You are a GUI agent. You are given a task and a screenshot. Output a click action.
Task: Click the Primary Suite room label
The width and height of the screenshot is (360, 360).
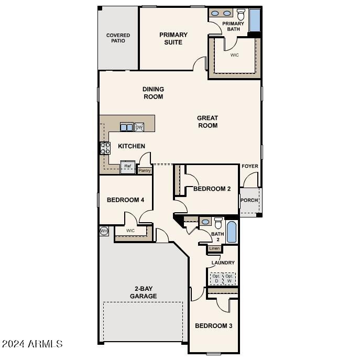coord(173,38)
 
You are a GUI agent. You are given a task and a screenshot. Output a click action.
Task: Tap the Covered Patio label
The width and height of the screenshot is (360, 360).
coord(118,38)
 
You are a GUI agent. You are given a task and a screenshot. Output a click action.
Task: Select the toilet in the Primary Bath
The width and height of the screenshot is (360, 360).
coord(241,14)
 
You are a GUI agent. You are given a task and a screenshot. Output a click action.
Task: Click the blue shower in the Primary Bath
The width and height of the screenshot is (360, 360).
coord(255,20)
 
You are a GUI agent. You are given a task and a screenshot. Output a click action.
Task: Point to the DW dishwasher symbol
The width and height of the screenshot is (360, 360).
coord(139,127)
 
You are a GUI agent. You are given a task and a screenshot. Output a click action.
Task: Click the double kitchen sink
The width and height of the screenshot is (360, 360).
coord(126,127)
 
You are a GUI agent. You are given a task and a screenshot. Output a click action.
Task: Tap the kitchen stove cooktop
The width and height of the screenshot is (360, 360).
coord(105,148)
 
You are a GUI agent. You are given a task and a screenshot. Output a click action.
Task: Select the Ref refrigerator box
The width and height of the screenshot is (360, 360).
coord(127,167)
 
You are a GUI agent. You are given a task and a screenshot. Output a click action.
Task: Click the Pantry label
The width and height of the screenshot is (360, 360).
coord(144,170)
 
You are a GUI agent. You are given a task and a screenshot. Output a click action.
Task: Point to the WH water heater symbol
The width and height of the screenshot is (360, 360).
coord(104,231)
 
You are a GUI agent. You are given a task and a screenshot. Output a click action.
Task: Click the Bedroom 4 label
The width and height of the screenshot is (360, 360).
coord(125,200)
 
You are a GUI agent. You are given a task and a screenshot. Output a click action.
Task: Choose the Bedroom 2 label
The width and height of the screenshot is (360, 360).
coord(212,189)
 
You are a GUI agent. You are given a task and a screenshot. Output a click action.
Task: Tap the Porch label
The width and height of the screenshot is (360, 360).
coord(248,200)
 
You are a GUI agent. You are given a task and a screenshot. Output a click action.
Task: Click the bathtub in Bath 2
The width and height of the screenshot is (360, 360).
coord(231,232)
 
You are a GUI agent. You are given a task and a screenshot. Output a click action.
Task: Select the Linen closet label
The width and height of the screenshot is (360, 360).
coord(214,248)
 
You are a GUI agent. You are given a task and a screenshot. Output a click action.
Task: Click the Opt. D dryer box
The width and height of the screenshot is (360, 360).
coord(216,278)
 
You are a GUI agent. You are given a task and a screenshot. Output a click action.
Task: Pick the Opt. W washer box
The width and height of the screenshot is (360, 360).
coord(229,278)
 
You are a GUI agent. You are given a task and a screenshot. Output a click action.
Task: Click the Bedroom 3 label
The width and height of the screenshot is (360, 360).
coord(213,326)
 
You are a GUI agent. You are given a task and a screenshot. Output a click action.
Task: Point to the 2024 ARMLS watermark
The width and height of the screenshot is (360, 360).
coord(32,344)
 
